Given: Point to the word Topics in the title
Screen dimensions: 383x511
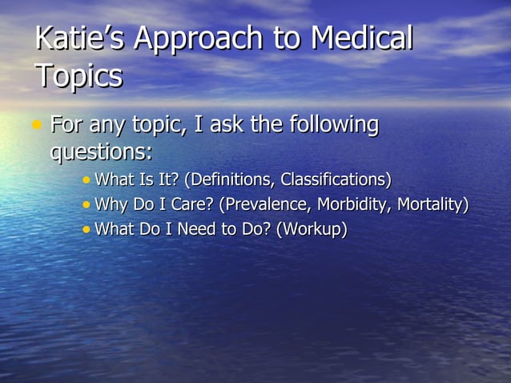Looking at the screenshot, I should coord(78,76).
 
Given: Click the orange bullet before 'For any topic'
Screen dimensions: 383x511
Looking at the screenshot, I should coord(37,125).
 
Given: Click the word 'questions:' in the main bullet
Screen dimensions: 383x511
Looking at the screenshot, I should coord(101,151).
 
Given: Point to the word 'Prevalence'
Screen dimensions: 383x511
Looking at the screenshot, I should coord(262,204).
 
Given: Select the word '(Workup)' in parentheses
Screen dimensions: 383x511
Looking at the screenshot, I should coord(312,230).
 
